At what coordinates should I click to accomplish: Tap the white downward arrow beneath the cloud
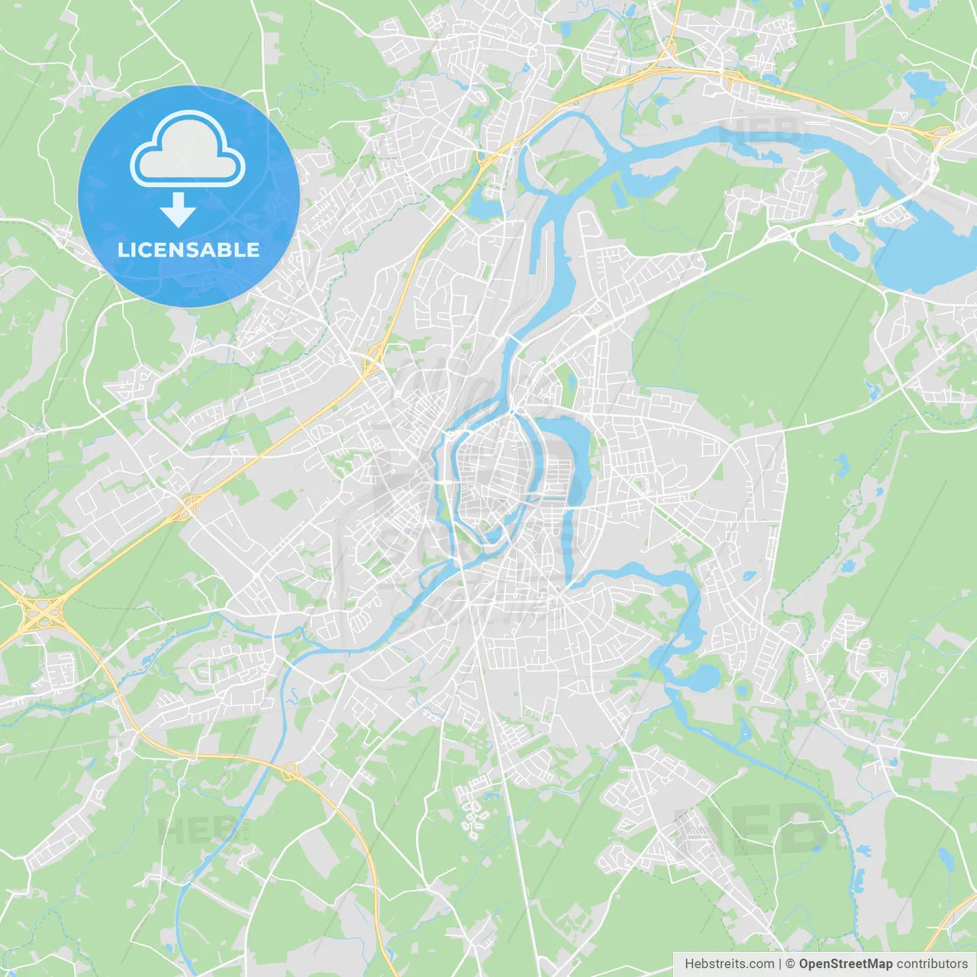(179, 209)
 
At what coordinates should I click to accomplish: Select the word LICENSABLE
(189, 250)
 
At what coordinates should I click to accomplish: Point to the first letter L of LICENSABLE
(122, 250)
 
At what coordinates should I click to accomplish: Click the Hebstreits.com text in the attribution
(729, 964)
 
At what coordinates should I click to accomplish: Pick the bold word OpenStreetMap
(845, 964)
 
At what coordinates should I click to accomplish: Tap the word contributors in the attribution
(932, 964)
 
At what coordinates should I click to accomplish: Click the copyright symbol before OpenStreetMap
(790, 964)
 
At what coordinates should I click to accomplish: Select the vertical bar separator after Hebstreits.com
(779, 964)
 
